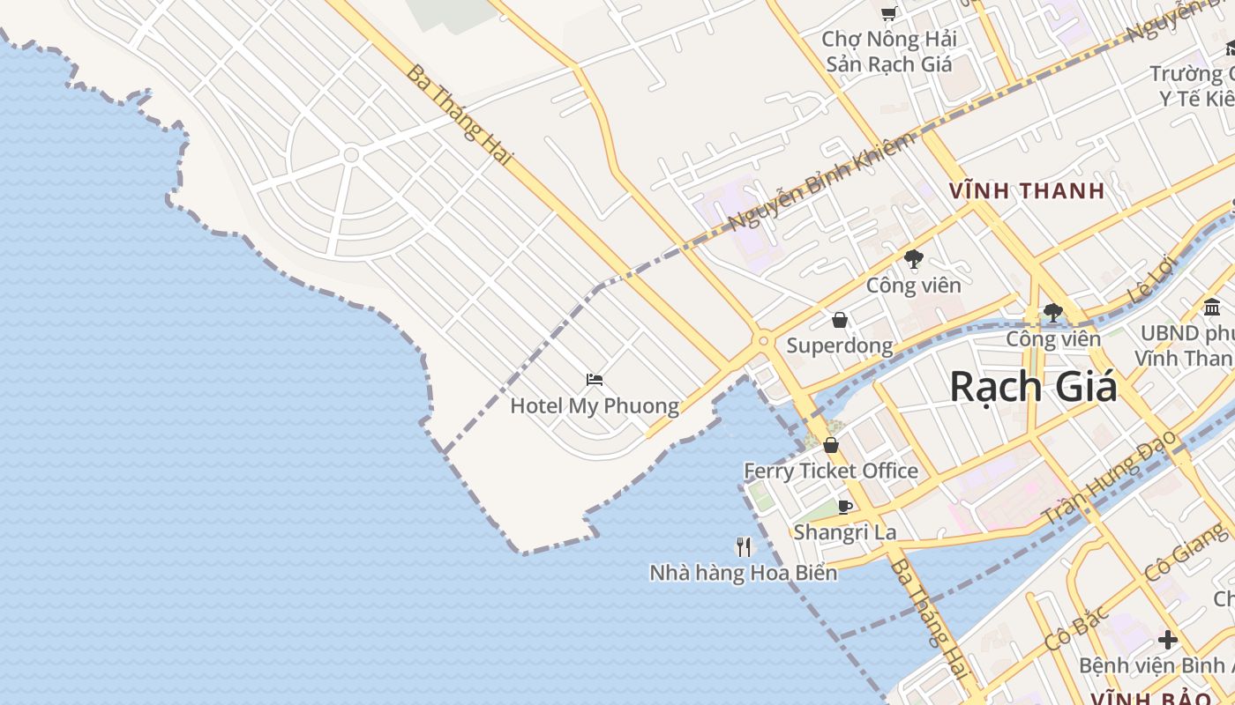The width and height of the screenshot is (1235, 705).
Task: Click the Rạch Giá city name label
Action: pos(1033,389)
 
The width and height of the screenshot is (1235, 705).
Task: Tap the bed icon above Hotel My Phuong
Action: pos(595,380)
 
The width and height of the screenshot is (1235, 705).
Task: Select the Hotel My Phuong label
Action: pos(595,406)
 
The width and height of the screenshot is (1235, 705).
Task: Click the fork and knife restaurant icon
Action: pos(744,547)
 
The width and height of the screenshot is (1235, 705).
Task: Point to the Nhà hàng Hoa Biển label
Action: pos(744,573)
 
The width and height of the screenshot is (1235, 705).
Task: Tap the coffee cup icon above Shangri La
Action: pos(844,507)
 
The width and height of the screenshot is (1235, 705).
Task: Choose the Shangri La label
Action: pos(844,531)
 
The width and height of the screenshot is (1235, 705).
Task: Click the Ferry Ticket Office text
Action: pos(831,471)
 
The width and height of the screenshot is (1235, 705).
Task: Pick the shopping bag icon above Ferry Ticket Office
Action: pos(830,446)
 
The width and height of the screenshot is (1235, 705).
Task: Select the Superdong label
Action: pos(839,345)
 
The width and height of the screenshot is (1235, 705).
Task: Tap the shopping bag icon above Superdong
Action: pos(839,320)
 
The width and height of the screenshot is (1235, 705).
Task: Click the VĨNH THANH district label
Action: pos(1027,190)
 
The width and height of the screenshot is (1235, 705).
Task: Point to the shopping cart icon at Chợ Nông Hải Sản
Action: pos(888,13)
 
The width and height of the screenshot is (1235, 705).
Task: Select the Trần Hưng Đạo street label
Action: pos(1109,477)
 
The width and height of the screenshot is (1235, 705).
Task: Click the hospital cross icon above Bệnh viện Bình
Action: pos(1168,639)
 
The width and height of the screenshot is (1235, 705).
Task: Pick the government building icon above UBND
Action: pos(1212,308)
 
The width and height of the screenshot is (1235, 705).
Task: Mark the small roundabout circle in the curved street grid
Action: pos(351,155)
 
